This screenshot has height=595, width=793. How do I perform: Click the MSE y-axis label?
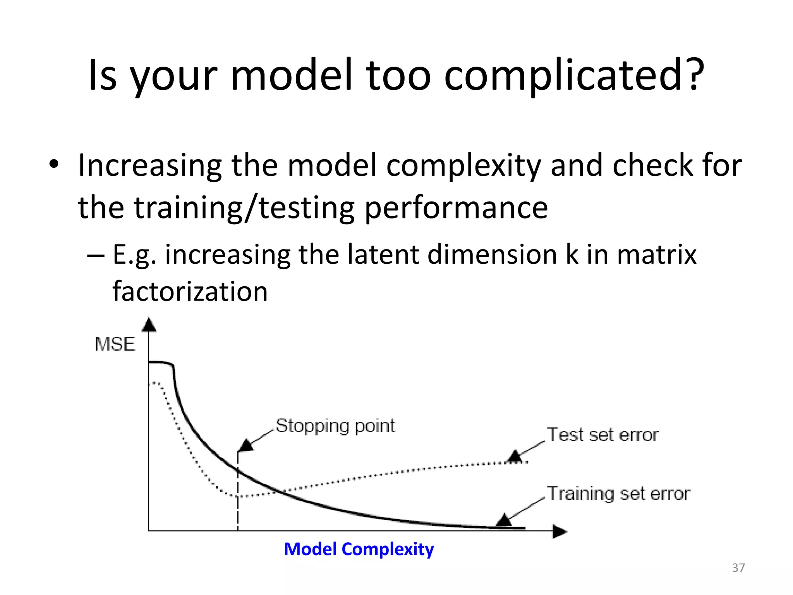[115, 344]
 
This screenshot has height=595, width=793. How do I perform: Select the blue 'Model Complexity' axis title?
[359, 549]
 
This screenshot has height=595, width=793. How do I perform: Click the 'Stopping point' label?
[335, 426]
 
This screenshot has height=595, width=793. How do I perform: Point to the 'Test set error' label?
[602, 435]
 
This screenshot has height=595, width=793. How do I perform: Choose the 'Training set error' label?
[618, 494]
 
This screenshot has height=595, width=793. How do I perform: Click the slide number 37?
[738, 567]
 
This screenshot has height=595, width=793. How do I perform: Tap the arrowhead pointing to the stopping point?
[245, 445]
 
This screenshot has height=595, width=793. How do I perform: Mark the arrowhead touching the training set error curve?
[504, 520]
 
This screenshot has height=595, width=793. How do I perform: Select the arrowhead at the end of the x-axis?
[559, 531]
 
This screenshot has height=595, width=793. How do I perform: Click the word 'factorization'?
[190, 291]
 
